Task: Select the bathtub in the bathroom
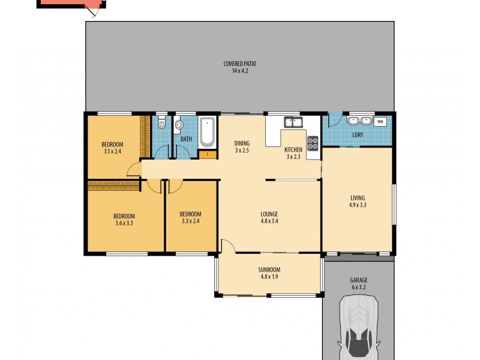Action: pos(206,132)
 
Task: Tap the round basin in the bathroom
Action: pos(179,125)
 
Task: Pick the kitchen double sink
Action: pos(294,122)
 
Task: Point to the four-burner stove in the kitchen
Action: pos(313,143)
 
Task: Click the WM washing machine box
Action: pos(380,122)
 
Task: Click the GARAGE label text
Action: pos(358,280)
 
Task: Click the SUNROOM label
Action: pos(269,270)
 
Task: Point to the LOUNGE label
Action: pos(269,214)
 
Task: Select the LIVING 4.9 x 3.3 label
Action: pos(358,202)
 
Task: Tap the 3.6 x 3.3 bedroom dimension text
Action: pos(124,223)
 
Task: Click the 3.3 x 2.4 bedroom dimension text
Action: pos(190,221)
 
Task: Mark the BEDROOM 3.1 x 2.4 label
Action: pos(112,148)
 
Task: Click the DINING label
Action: pos(242,143)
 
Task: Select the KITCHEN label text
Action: pos(293,149)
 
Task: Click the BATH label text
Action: pos(186,139)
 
